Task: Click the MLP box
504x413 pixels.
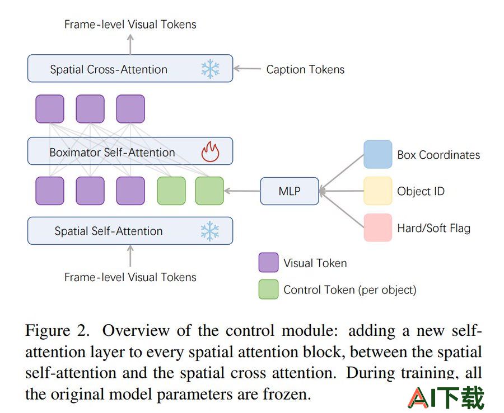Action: point(290,191)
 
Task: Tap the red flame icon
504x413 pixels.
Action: point(210,151)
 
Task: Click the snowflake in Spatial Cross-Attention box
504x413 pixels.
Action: point(210,69)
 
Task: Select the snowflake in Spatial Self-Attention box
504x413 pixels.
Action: point(210,231)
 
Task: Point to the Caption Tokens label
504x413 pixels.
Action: point(305,69)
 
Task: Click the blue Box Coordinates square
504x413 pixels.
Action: point(377,154)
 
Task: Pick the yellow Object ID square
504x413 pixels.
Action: point(377,191)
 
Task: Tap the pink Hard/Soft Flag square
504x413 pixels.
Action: point(377,227)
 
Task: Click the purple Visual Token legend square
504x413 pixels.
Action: point(268,262)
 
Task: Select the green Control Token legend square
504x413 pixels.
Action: point(268,289)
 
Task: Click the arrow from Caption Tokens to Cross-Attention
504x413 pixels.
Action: point(247,69)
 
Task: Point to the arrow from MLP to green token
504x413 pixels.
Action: point(242,191)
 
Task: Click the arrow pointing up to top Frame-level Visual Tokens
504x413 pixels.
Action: point(130,44)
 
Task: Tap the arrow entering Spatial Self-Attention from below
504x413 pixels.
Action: point(130,256)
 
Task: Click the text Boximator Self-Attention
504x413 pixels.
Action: point(112,153)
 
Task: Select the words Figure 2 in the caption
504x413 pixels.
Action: point(57,331)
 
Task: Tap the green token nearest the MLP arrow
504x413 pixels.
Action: point(209,191)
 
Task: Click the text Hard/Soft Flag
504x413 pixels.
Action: point(433,229)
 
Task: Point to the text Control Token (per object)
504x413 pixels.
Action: point(349,290)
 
